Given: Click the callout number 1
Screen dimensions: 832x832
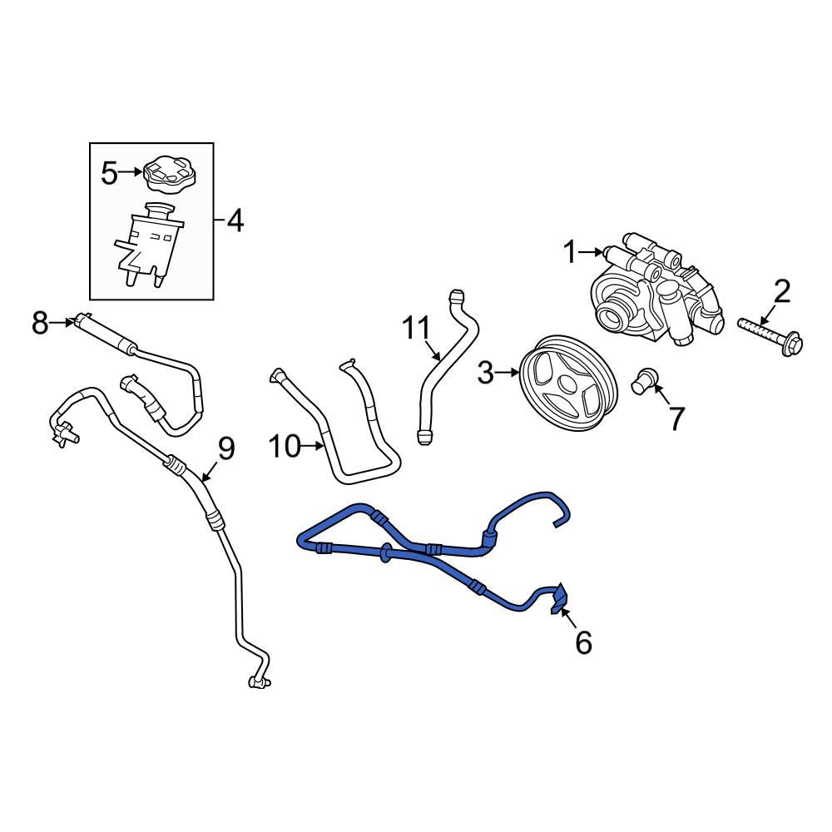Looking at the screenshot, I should pos(570,251).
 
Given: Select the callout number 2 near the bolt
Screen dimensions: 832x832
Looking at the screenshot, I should pos(782,292).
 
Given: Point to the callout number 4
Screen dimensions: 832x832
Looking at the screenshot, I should pos(235,221).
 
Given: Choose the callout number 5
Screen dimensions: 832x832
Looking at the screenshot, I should pos(110,173).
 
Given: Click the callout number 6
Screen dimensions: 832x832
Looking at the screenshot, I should pos(583,641).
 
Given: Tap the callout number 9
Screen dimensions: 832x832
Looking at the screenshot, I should pos(225,448).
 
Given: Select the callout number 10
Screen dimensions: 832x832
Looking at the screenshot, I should pos(285,447).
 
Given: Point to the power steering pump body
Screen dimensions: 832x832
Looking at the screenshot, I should pos(649,295).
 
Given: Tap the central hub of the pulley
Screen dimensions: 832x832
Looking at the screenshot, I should pos(565,384).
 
